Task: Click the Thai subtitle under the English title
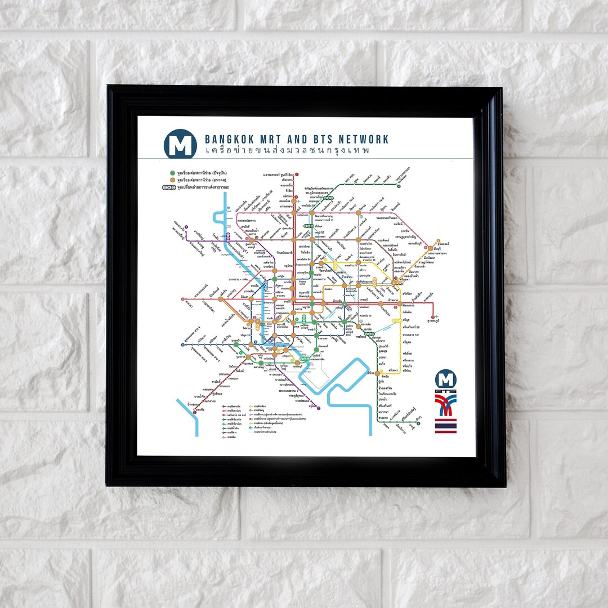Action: (288, 151)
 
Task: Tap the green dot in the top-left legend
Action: (172, 172)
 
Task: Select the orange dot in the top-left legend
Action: (172, 179)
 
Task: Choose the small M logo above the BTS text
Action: (446, 378)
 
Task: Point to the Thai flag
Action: (445, 426)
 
